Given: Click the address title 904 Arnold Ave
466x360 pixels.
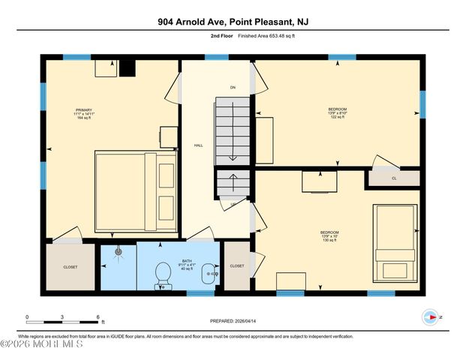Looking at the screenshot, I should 233,22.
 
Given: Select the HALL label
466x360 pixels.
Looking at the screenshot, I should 199,145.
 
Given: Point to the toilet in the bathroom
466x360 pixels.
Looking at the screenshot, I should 161,274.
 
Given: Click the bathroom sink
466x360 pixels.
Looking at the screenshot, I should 213,274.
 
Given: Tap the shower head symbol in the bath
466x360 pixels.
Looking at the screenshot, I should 118,253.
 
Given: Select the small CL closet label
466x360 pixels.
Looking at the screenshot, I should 394,178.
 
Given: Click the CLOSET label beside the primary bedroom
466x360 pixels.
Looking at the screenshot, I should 71,266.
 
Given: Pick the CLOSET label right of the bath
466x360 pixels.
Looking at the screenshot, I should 237,266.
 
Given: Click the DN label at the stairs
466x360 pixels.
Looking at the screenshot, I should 233,88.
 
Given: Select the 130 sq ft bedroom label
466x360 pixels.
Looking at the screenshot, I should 329,235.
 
